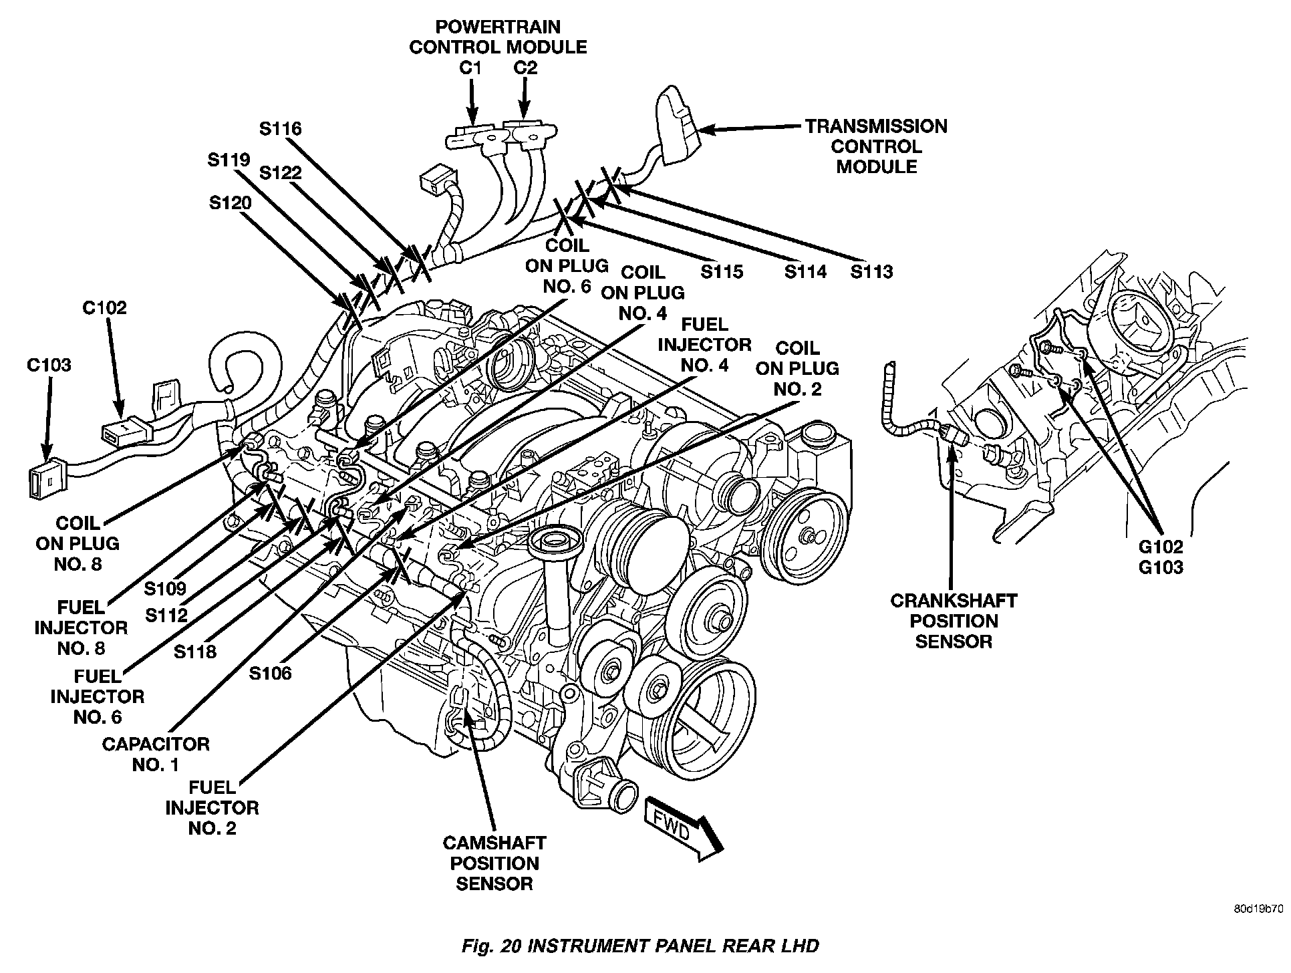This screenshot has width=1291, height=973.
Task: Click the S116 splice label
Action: coord(281,128)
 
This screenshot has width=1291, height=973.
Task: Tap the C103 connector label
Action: coord(49,365)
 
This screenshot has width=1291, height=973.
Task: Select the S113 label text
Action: coord(871,272)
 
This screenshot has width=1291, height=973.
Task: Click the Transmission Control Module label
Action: coord(876,146)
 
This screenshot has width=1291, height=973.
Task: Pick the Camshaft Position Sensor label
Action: coord(494,863)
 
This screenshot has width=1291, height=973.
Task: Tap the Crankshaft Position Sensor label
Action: coord(954,621)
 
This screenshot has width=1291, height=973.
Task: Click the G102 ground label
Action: coord(1161,547)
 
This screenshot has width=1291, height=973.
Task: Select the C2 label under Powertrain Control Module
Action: coord(525,68)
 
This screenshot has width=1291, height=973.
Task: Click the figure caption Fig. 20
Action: coord(639,946)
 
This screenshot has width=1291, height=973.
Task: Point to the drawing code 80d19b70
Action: coord(1258,910)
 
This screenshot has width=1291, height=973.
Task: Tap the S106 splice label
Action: coord(271,673)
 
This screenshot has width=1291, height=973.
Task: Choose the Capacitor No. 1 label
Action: coord(155,754)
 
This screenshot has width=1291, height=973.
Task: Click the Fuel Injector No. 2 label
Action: coord(212,807)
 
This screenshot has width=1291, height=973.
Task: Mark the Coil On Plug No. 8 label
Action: coord(78,543)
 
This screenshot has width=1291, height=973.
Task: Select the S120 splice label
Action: coord(230,202)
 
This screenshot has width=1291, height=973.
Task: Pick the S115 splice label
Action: coord(722,272)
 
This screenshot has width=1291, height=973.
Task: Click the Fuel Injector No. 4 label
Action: coord(704,345)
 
